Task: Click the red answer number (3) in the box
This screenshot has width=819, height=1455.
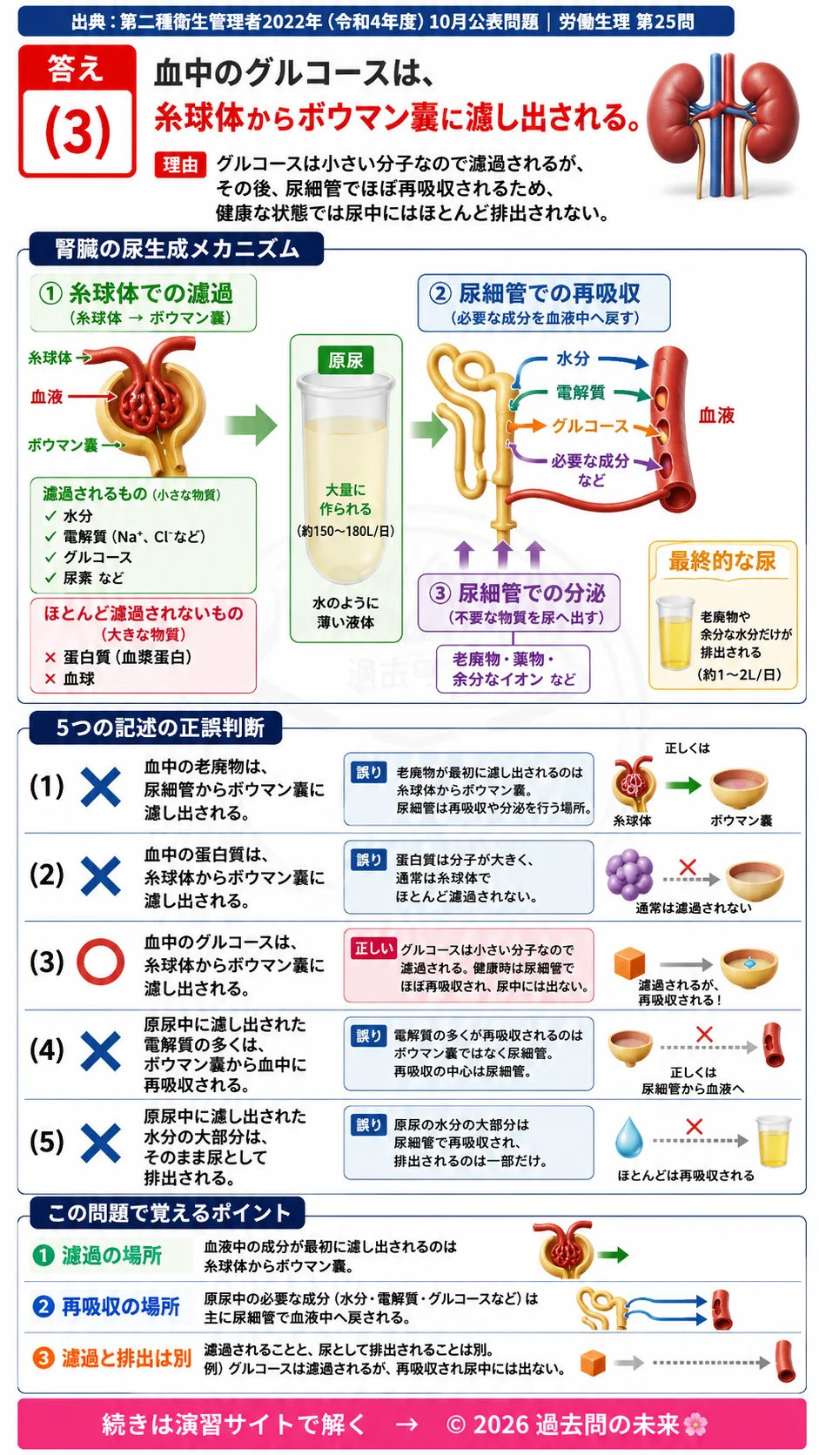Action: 77,131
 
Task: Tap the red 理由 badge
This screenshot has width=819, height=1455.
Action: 180,165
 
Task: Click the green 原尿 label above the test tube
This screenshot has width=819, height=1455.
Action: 346,360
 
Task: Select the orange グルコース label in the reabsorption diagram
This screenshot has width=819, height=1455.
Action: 590,426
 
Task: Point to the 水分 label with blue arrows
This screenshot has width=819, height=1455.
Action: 573,359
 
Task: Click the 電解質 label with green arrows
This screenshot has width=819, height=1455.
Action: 580,392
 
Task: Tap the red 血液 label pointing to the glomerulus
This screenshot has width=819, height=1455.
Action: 47,396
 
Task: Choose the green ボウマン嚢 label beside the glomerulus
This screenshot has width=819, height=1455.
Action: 63,445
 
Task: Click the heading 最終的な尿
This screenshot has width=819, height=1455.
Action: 722,560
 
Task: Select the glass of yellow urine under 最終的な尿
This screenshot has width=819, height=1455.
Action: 675,633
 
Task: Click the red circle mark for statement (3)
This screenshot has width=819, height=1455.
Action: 101,962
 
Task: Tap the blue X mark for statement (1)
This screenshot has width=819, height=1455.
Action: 101,787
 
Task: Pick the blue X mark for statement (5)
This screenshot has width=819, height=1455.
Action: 101,1143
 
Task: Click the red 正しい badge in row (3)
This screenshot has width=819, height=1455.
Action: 373,949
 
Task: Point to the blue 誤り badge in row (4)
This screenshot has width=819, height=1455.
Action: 368,1035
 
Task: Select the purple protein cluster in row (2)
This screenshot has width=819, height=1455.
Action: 629,875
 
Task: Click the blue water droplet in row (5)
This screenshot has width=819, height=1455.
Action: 628,1137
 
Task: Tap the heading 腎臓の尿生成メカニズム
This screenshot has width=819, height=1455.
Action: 177,249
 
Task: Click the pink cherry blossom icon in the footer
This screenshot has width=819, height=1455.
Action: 695,1425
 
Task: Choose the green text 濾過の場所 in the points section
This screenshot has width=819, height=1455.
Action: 111,1255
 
